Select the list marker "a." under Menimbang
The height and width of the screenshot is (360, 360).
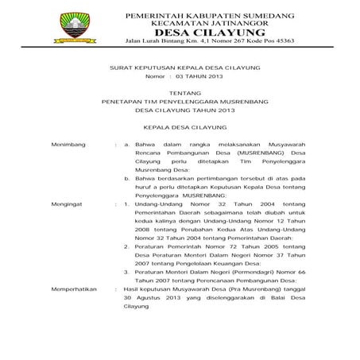[128, 143]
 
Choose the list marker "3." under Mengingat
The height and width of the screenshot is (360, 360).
[128, 270]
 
